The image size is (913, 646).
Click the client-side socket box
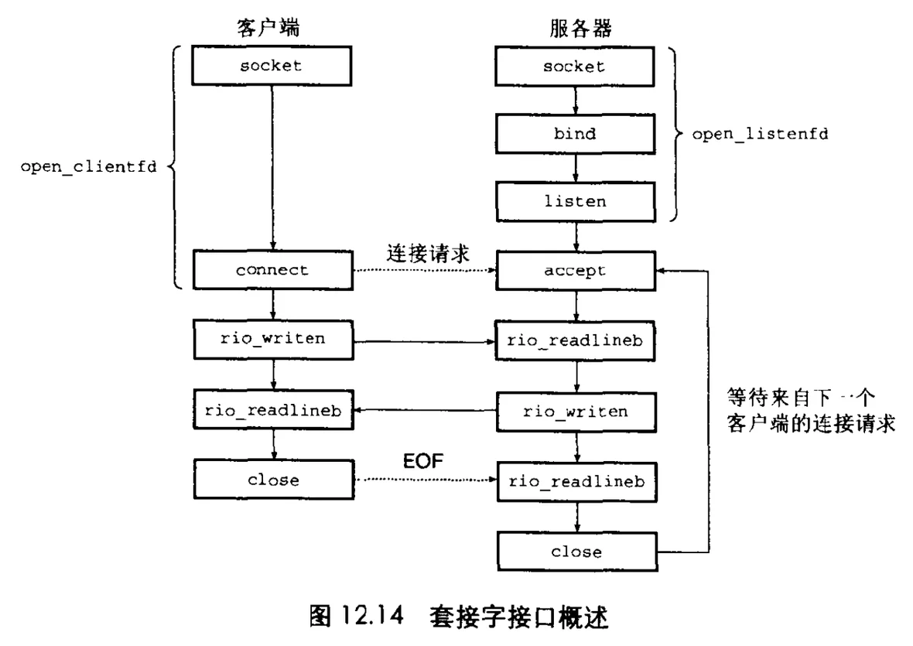point(271,66)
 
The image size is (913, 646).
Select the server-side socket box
point(574,66)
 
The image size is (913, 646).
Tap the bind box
point(574,133)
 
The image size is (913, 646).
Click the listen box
point(574,201)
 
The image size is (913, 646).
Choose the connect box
point(272,270)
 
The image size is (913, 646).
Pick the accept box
point(574,270)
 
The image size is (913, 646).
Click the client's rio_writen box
point(272,338)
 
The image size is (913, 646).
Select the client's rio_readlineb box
point(272,411)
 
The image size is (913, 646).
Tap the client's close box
point(272,480)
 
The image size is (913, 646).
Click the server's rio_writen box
point(576,411)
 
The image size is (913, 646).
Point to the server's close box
point(576,552)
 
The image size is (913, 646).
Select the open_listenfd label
point(759,133)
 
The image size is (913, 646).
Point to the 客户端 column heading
point(267,28)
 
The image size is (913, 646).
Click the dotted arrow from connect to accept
point(424,271)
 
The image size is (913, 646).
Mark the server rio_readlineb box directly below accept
point(576,341)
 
